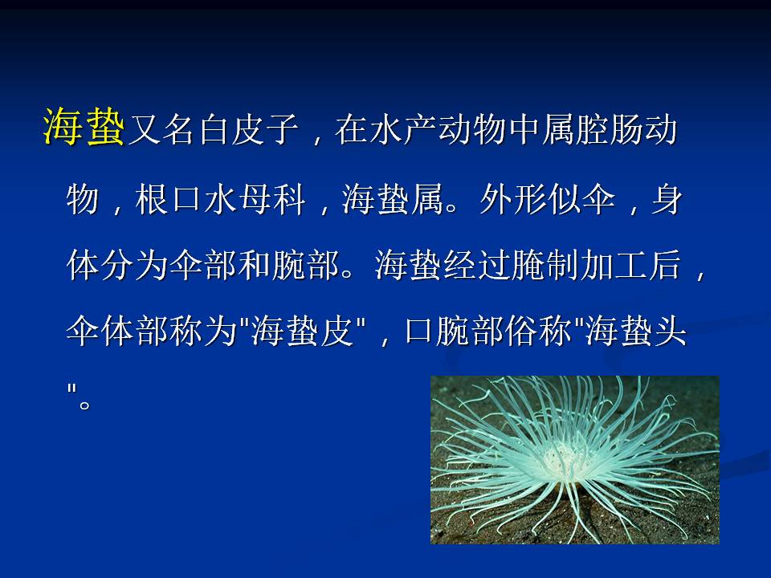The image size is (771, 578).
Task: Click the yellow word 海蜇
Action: pos(84,127)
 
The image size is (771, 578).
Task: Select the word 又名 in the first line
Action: pos(161,130)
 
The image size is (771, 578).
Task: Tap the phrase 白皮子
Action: pos(248,130)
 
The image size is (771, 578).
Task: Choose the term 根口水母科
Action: pos(220,200)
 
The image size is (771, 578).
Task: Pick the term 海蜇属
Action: pos(393,200)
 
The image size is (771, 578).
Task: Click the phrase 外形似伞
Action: pos(547,200)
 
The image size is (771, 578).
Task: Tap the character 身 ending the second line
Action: pos(667,200)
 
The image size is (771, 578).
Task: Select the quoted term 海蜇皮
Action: pos(303,330)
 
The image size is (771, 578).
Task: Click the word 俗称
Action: pos(538,330)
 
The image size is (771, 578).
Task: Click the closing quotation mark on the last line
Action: pos(71,390)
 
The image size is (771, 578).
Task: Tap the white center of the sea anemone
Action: pos(561,457)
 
